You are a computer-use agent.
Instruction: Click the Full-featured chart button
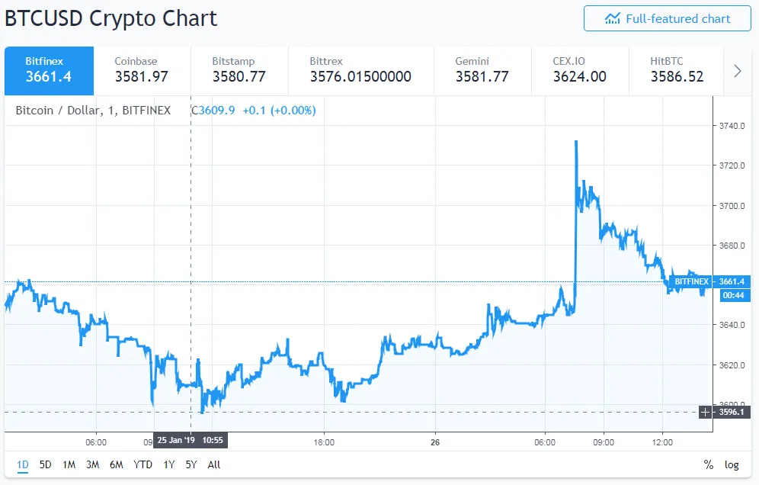coord(667,19)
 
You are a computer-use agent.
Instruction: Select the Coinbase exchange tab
coord(141,70)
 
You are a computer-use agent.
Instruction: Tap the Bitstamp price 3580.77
coord(239,76)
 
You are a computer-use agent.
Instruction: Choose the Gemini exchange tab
coord(482,70)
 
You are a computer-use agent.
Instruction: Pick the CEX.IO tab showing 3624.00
coord(579,70)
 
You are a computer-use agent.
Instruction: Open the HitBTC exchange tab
coord(677,70)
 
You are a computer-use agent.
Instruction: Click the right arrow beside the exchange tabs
coord(737,71)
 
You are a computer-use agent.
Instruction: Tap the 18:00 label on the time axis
coord(325,442)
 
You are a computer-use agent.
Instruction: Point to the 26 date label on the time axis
coord(434,442)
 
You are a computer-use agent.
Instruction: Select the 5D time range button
coord(46,464)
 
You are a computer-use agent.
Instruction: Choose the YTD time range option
coord(143,464)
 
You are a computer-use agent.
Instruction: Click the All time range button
coord(214,464)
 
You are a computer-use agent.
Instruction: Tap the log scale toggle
coord(732,464)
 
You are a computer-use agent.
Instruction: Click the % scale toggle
coord(709,464)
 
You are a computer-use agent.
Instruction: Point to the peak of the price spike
coord(576,141)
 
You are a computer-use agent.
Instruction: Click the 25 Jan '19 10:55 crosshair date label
coord(191,441)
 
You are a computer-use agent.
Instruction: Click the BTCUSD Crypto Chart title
coord(111,18)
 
